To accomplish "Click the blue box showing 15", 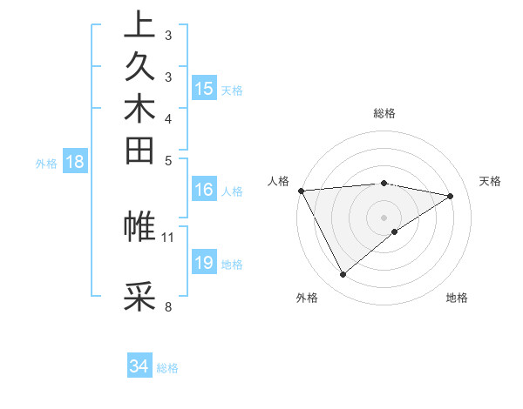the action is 204,88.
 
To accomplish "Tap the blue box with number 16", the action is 204,190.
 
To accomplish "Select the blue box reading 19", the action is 204,263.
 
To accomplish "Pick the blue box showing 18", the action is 76,161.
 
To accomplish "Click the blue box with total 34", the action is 139,366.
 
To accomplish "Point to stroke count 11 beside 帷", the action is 168,236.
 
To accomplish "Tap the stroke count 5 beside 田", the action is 167,160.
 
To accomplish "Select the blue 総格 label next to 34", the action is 167,368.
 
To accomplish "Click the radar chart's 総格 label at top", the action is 384,113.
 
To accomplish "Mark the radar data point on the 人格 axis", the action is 301,190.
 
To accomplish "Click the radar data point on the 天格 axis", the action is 451,196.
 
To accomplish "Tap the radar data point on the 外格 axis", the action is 343,275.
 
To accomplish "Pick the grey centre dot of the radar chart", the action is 384,217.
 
